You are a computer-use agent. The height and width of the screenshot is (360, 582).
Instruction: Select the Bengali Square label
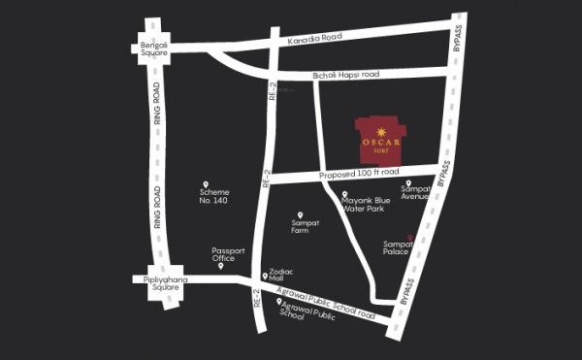coord(151,48)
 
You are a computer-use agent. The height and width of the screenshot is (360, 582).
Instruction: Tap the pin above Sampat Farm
coord(300,214)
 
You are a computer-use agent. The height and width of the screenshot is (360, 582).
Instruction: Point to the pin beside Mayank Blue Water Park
coord(344,194)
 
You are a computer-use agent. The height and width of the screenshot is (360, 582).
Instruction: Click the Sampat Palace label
coord(400,247)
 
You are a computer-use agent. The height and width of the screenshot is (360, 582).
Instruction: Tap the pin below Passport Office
coord(220,266)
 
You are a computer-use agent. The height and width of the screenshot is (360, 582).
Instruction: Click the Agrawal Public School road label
coord(326,303)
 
